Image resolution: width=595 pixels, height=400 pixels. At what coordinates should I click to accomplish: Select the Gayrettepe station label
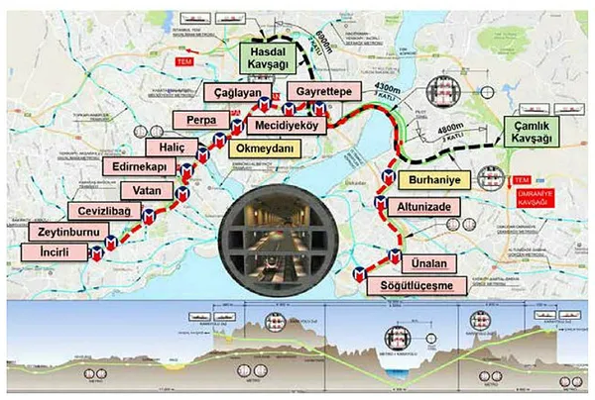(318, 91)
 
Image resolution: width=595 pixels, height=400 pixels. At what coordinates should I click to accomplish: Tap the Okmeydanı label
(263, 148)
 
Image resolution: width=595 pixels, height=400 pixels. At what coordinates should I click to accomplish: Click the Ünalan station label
(429, 263)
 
